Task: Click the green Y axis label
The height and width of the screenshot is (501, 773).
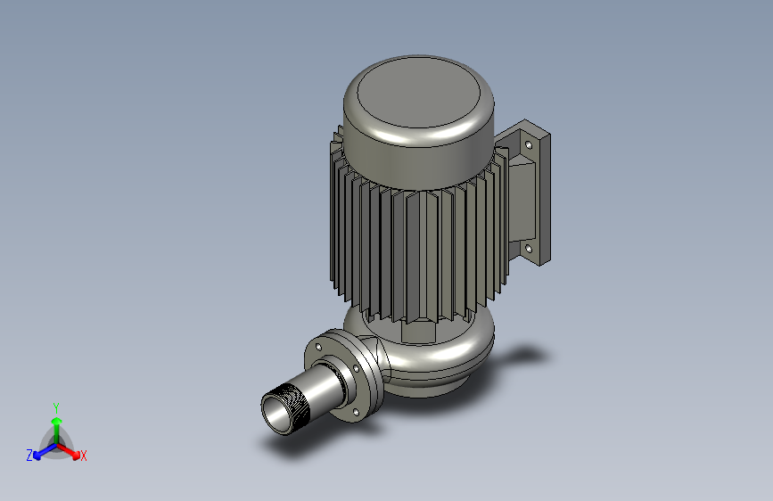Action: tap(56, 406)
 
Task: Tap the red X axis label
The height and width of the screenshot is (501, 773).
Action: tap(84, 456)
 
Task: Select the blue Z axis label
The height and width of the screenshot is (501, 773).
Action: tap(29, 455)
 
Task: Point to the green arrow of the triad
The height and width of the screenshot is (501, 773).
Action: tap(56, 423)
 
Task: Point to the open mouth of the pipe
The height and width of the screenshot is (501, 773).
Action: tap(275, 415)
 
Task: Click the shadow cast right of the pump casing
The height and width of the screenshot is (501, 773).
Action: tap(522, 357)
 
